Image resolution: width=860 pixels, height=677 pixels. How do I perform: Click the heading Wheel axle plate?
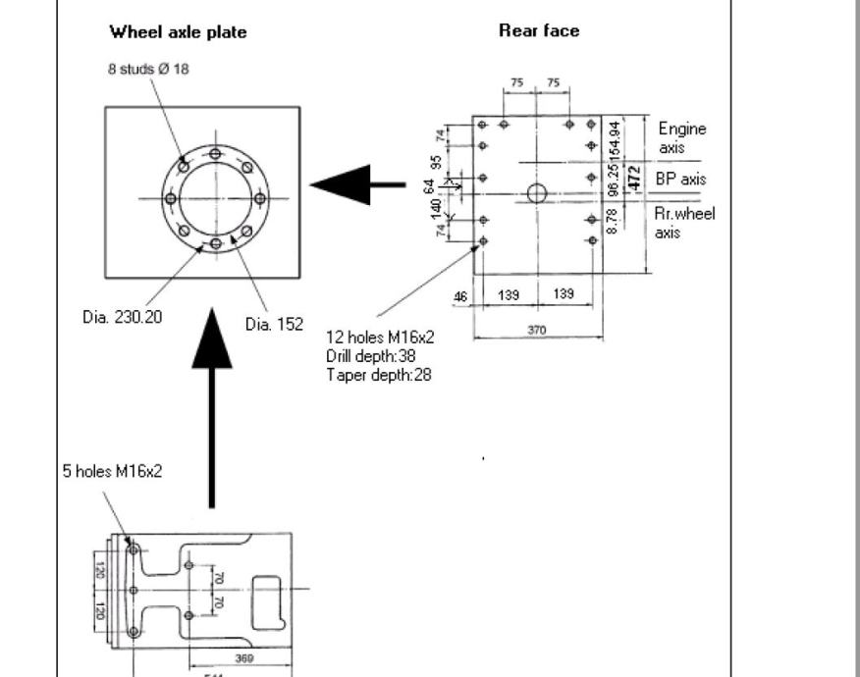(x=178, y=32)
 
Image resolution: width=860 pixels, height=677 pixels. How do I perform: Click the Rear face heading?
(x=539, y=30)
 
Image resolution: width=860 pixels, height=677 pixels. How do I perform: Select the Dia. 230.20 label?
(x=122, y=318)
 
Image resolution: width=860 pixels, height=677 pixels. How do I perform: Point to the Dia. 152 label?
(x=274, y=323)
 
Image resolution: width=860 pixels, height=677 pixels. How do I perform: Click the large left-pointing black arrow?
(x=355, y=183)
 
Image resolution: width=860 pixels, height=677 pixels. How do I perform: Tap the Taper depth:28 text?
(x=378, y=374)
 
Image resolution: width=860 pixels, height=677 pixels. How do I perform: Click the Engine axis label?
(x=681, y=138)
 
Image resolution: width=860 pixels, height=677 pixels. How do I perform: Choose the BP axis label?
(x=679, y=180)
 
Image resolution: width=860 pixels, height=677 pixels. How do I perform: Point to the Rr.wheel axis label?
(x=683, y=222)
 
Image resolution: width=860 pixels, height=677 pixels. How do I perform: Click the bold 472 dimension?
(x=634, y=178)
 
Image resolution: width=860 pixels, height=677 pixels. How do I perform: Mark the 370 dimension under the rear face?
(x=536, y=331)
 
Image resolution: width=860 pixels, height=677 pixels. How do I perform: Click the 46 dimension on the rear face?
(x=460, y=295)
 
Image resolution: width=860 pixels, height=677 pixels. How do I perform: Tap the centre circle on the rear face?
(x=536, y=192)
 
